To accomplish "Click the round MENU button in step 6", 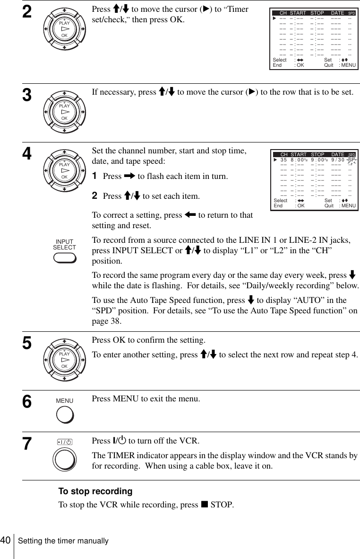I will click(x=65, y=415).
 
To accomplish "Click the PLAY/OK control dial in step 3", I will click(x=65, y=111).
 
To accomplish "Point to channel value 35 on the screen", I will click(x=283, y=160).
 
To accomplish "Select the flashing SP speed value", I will click(x=351, y=160).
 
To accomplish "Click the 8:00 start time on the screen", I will click(x=298, y=160).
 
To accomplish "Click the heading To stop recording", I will click(x=95, y=491).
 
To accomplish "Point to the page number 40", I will click(x=6, y=540).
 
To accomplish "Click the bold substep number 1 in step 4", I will click(x=94, y=176).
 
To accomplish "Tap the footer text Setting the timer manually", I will click(x=63, y=541).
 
